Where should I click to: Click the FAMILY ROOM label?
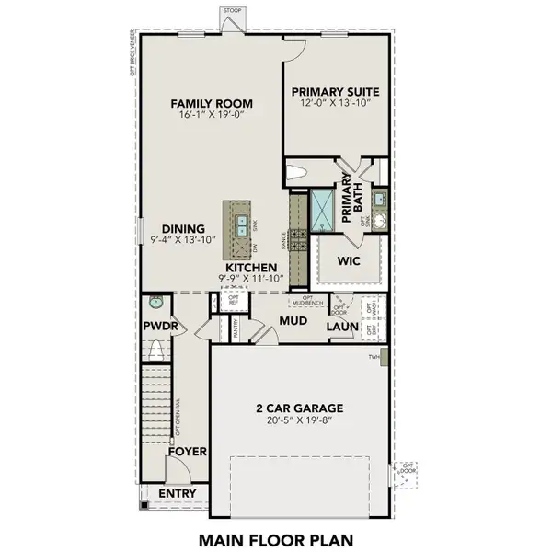pyautogui.click(x=212, y=103)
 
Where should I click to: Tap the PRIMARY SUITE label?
pyautogui.click(x=334, y=92)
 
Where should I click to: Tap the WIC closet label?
pyautogui.click(x=348, y=261)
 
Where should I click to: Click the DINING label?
pyautogui.click(x=182, y=229)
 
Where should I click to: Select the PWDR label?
pyautogui.click(x=159, y=326)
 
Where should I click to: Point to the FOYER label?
pyautogui.click(x=187, y=452)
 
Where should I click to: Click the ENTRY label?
pyautogui.click(x=177, y=494)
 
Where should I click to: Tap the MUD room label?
pyautogui.click(x=293, y=319)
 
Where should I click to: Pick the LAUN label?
pyautogui.click(x=341, y=326)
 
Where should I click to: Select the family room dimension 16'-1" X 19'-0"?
pyautogui.click(x=212, y=116)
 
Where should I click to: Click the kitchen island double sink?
pyautogui.click(x=238, y=222)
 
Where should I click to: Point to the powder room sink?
pyautogui.click(x=155, y=301)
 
